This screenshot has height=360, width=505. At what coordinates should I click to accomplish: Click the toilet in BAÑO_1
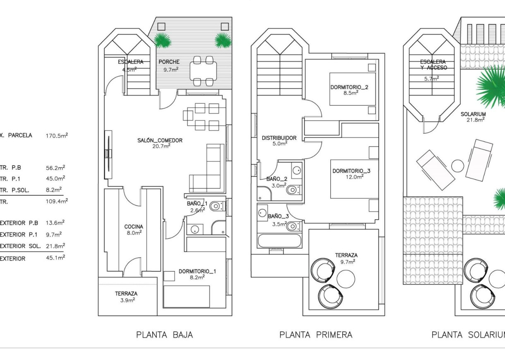(x=215, y=206)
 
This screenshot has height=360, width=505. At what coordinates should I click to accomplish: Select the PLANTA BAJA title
(x=164, y=335)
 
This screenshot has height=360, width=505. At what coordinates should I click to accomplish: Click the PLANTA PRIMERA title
(x=316, y=335)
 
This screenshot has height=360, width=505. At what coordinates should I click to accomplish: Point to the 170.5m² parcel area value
(x=57, y=135)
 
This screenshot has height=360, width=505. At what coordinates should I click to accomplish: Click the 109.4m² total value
(x=57, y=202)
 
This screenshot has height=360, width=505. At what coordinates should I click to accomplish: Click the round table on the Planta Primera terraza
(x=346, y=278)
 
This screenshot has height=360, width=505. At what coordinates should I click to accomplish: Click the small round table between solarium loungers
(x=457, y=166)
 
